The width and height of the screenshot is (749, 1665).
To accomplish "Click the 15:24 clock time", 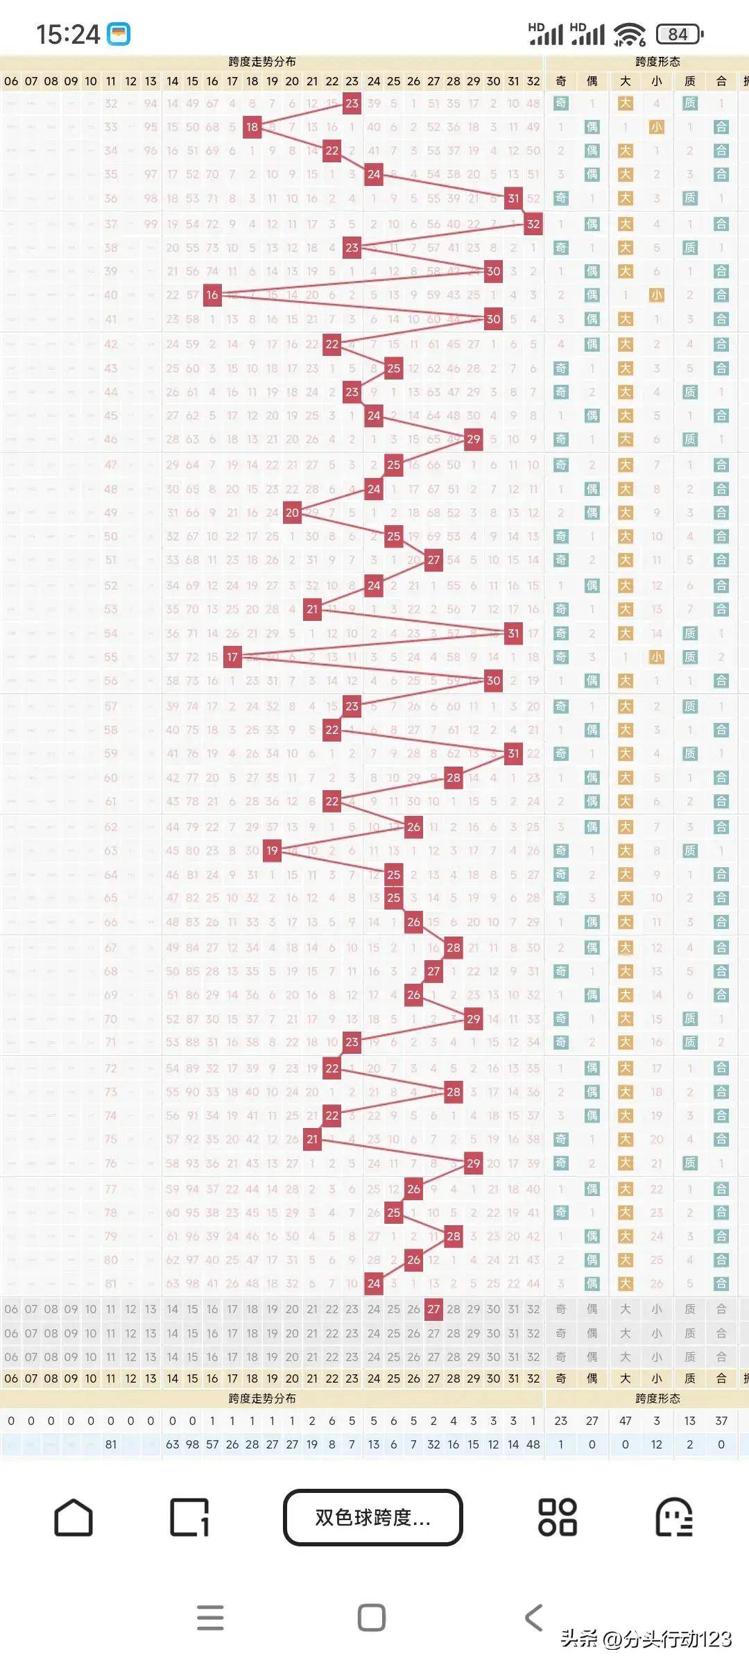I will click(x=68, y=34).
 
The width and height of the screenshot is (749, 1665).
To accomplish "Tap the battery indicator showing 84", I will click(x=679, y=34).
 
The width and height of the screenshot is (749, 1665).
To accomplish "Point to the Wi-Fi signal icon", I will click(x=630, y=34).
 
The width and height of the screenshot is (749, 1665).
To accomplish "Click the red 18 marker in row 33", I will click(x=252, y=127).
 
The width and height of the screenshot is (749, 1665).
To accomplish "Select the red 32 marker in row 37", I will click(x=533, y=224).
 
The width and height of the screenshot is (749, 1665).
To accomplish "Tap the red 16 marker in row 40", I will click(x=212, y=295).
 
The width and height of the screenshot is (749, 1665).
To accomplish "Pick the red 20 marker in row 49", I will click(x=292, y=513).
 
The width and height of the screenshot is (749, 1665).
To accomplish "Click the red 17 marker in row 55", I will click(x=232, y=657).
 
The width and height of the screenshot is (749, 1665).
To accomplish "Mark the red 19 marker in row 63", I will click(x=272, y=851).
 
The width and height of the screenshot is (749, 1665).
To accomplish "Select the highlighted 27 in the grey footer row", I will click(x=433, y=1309).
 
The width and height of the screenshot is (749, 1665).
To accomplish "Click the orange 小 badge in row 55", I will click(x=656, y=657).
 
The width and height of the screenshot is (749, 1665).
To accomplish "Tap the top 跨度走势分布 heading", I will click(x=262, y=62).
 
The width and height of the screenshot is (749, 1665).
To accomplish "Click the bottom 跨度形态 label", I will click(x=657, y=1399).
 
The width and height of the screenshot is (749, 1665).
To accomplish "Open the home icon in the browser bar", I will click(x=74, y=1517).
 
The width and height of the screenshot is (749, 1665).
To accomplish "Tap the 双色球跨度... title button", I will click(x=372, y=1517).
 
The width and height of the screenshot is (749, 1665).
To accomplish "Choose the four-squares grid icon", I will click(x=558, y=1517).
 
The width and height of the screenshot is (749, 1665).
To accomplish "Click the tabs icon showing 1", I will click(x=189, y=1517).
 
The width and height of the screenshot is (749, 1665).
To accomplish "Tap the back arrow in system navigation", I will click(x=533, y=1618).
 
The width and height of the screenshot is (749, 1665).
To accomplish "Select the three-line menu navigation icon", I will click(x=210, y=1618).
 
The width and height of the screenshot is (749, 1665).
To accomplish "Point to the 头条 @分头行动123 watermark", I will click(x=646, y=1639).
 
